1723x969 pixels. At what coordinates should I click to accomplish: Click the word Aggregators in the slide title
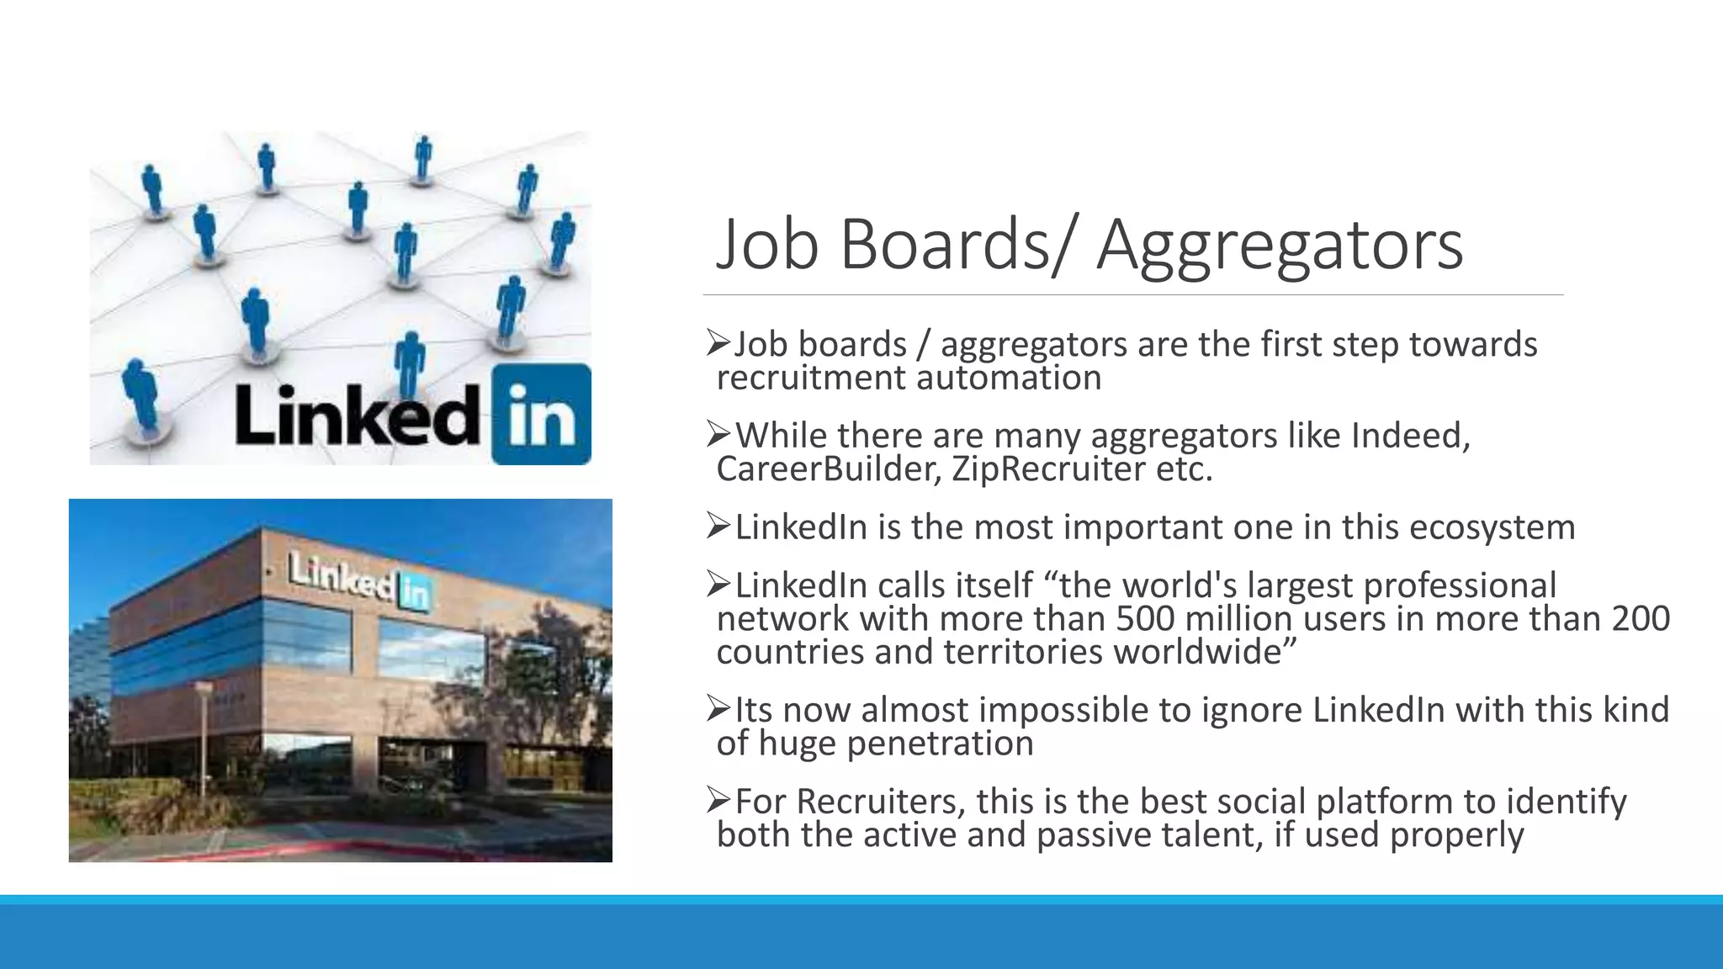click(1280, 246)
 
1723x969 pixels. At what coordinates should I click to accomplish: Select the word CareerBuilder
click(828, 469)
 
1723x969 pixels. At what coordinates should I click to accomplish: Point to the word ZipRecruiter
click(1048, 469)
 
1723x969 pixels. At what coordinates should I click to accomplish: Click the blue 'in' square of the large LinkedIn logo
click(541, 414)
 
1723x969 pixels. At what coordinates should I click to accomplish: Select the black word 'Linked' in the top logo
click(358, 416)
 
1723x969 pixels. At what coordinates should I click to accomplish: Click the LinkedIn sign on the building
click(361, 580)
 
